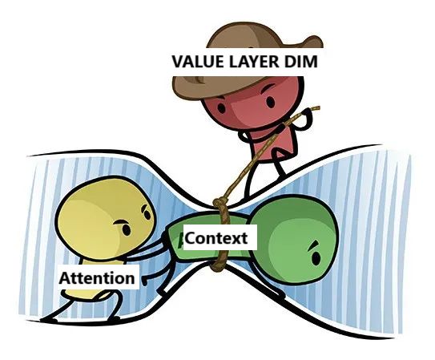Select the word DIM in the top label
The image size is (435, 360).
click(x=300, y=62)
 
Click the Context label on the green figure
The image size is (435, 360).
click(x=216, y=238)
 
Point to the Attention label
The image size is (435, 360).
click(x=97, y=277)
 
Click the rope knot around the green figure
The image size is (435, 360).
click(x=220, y=204)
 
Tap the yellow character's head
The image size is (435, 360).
click(x=104, y=219)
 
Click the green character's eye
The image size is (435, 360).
click(x=316, y=257)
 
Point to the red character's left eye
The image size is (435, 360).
click(x=221, y=107)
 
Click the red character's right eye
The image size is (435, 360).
click(x=271, y=102)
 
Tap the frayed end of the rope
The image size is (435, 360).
click(x=316, y=108)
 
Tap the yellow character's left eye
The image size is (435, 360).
click(x=127, y=229)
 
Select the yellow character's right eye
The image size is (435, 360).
click(x=147, y=215)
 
